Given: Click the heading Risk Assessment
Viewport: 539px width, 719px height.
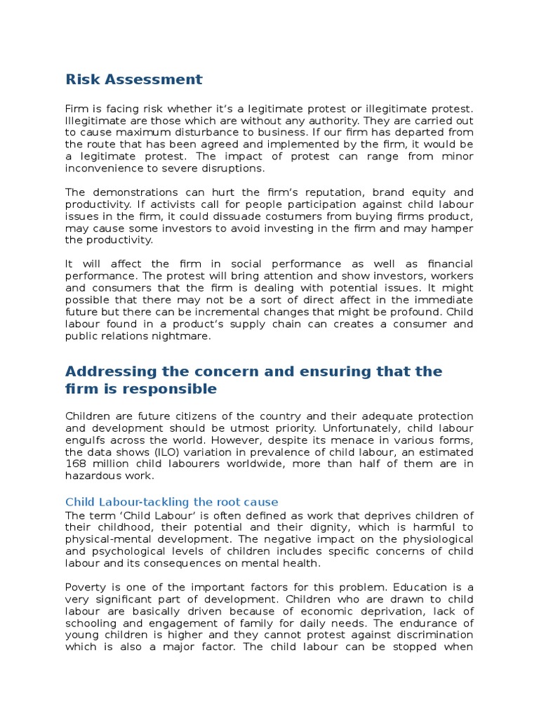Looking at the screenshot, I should click(x=133, y=79).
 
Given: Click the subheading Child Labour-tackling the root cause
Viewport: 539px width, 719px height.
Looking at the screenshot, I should click(x=171, y=502).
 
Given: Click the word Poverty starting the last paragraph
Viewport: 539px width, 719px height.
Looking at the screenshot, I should click(x=86, y=586).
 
